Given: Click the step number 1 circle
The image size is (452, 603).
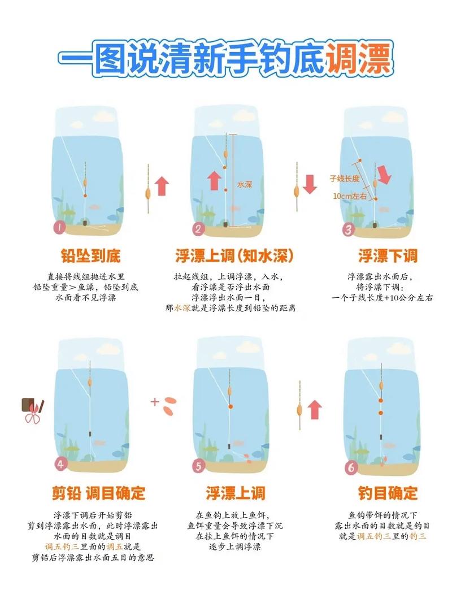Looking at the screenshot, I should point(59,228).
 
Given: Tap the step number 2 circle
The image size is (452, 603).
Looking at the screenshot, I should point(198,229).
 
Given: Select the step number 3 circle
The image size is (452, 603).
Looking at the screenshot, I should point(349,229).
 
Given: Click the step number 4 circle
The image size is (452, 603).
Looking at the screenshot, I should point(60,464).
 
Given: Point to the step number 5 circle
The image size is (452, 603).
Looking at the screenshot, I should point(198,466).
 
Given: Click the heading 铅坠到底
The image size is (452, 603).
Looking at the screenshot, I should point(90,256).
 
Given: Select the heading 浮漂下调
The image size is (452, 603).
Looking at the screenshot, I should point(388,256).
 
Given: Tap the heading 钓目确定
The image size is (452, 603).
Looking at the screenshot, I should point(388,493).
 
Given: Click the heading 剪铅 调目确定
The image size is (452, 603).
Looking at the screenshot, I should point(99,493).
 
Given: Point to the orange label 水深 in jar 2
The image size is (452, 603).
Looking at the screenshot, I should point(244,184).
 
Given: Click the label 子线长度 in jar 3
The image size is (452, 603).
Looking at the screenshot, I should point(345,178).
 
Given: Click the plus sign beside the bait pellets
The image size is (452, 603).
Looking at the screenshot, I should point(154,402).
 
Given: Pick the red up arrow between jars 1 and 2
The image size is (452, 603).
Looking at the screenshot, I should point(162,185).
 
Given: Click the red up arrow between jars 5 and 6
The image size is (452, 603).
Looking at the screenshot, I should point(315,410).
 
